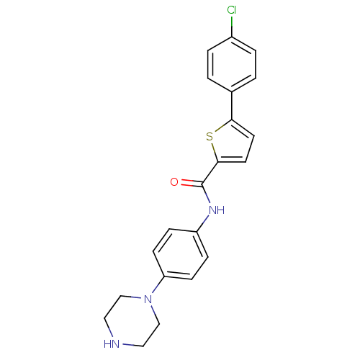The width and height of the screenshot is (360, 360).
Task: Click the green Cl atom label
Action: tap(232, 10)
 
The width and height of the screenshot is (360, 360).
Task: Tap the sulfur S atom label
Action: tap(210, 137)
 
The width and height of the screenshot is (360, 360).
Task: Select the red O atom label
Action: tap(174, 182)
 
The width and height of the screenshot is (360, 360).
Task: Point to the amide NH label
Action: tap(217, 210)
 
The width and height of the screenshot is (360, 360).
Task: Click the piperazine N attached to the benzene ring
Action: tap(148, 300)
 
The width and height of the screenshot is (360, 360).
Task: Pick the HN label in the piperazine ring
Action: tap(112, 344)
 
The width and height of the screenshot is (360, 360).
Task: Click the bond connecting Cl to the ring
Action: tap(232, 26)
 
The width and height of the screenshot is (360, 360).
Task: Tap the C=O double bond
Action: tap(192, 183)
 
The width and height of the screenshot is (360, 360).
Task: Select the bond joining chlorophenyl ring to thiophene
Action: tap(232, 106)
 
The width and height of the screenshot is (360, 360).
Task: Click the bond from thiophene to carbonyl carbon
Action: tap(210, 174)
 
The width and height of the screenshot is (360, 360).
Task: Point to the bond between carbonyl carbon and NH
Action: tap(207, 194)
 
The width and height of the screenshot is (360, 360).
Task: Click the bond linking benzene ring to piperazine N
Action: tap(158, 285)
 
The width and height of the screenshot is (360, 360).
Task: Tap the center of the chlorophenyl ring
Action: tap(232, 64)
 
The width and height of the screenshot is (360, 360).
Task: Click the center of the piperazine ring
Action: tap(132, 322)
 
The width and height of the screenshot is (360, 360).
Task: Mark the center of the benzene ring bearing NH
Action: tap(181, 254)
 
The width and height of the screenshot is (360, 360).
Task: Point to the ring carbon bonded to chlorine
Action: tap(232, 37)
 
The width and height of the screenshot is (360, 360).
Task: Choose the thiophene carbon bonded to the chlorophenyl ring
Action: tap(232, 120)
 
